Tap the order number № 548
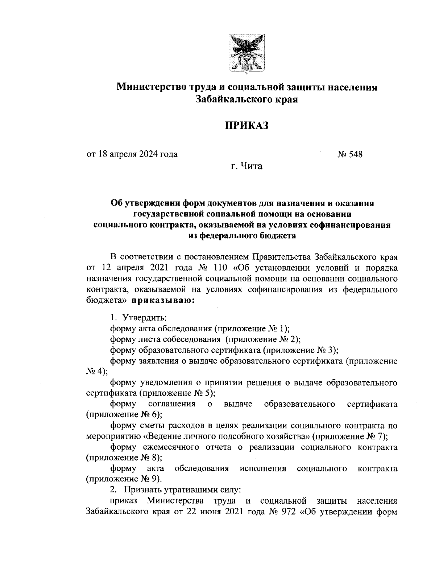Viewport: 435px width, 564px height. tap(350, 154)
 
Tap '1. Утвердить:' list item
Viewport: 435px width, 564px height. tap(138, 317)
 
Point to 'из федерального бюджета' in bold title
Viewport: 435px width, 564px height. tap(242, 236)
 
